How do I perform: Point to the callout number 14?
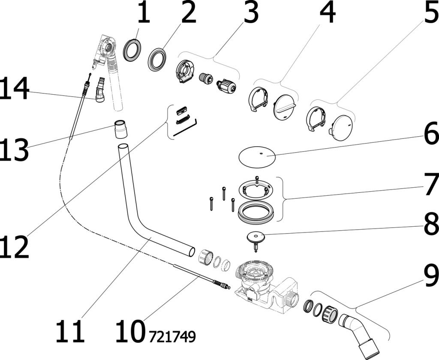(15, 89)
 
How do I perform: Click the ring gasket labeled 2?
(158, 59)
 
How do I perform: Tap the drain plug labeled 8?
(255, 239)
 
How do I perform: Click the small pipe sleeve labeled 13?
(121, 129)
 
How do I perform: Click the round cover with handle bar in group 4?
(285, 107)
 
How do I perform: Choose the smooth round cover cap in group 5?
(342, 127)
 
